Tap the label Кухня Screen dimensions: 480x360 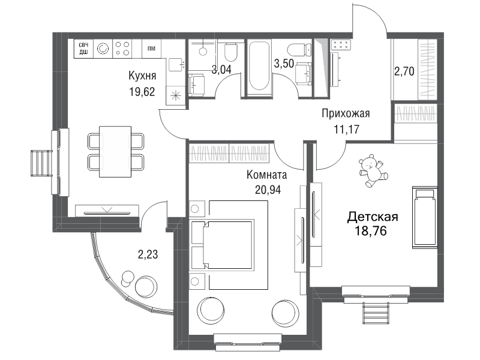pyautogui.click(x=142, y=76)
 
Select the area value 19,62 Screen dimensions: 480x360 pyautogui.click(x=142, y=92)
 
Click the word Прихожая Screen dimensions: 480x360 pyautogui.click(x=346, y=113)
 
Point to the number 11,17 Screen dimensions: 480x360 pyautogui.click(x=346, y=130)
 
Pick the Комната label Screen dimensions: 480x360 pyautogui.click(x=266, y=175)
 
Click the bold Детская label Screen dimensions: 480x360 pyautogui.click(x=373, y=217)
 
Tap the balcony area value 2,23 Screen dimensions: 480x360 pyautogui.click(x=148, y=254)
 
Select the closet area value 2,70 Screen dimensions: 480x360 pyautogui.click(x=404, y=71)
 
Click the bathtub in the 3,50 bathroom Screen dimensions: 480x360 pyautogui.click(x=259, y=67)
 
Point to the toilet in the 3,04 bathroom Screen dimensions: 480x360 pyautogui.click(x=231, y=52)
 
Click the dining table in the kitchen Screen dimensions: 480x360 pyautogui.click(x=115, y=152)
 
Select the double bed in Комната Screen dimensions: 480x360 pyautogui.click(x=229, y=245)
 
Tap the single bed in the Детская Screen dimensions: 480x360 pyautogui.click(x=425, y=217)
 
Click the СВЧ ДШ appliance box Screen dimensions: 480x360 pyautogui.click(x=83, y=49)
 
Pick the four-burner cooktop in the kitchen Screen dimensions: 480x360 pyautogui.click(x=122, y=49)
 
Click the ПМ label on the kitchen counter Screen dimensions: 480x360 pyautogui.click(x=151, y=49)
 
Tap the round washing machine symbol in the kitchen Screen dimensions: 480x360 pyautogui.click(x=103, y=49)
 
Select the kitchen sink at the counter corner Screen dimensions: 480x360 pyautogui.click(x=176, y=65)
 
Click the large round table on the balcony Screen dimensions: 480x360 pyautogui.click(x=146, y=286)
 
